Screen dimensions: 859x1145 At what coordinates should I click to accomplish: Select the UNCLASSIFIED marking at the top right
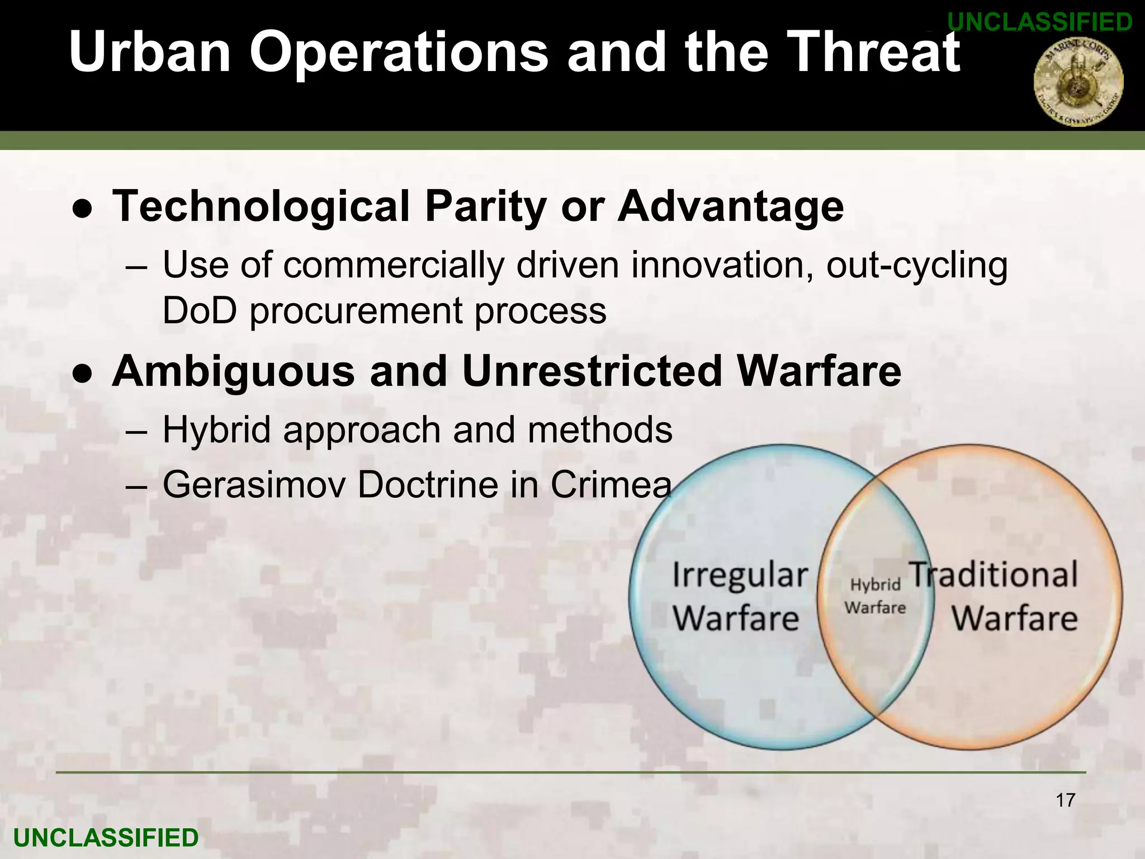coord(1040,22)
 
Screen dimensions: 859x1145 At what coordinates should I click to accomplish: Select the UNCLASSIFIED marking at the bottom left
coord(106,838)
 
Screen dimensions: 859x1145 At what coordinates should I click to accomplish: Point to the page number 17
coord(1066,800)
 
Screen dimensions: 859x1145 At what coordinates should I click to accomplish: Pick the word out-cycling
coord(917,265)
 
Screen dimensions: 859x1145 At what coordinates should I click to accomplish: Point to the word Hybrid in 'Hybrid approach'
coord(216,430)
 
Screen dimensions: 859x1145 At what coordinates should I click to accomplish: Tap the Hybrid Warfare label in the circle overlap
coord(875,596)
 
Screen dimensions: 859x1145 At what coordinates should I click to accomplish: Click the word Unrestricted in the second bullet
coord(593,371)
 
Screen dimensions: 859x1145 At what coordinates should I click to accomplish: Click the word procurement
coord(356,311)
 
